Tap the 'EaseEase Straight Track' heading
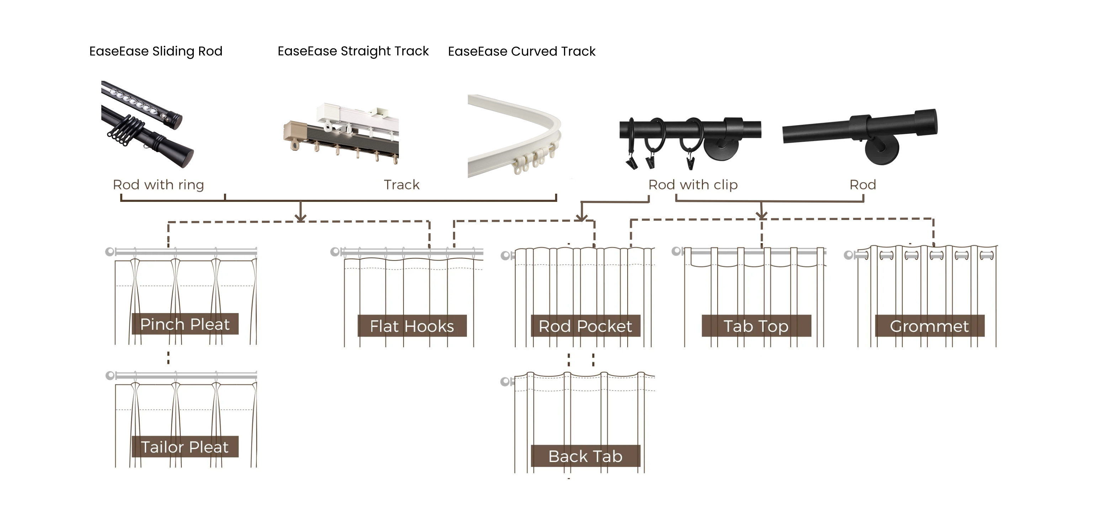pyautogui.click(x=353, y=51)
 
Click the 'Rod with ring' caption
pyautogui.click(x=158, y=185)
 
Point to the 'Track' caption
pyautogui.click(x=401, y=185)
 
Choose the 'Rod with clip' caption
pyautogui.click(x=693, y=185)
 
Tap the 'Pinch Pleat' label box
pyautogui.click(x=185, y=324)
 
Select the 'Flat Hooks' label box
pyautogui.click(x=412, y=326)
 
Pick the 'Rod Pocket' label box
pyautogui.click(x=585, y=326)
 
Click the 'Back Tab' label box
pyautogui.click(x=585, y=456)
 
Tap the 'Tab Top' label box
pyautogui.click(x=756, y=326)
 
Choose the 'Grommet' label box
pyautogui.click(x=930, y=326)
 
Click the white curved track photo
pyautogui.click(x=514, y=134)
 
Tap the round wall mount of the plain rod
pyautogui.click(x=882, y=151)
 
